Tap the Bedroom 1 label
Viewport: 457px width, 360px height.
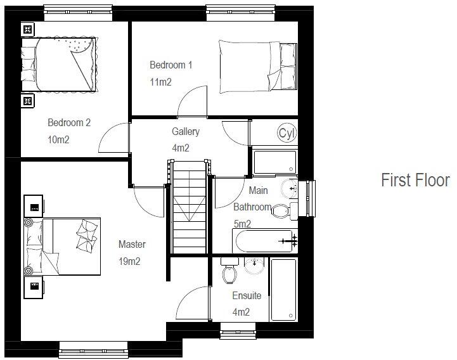[171, 65]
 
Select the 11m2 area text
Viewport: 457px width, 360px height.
[161, 82]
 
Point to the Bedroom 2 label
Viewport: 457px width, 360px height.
[69, 123]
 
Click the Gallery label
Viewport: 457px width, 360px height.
[186, 132]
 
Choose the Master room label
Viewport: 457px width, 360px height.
[132, 244]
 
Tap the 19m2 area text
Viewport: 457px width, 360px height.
[129, 260]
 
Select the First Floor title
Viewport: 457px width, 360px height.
[415, 181]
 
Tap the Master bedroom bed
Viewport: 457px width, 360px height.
[63, 247]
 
